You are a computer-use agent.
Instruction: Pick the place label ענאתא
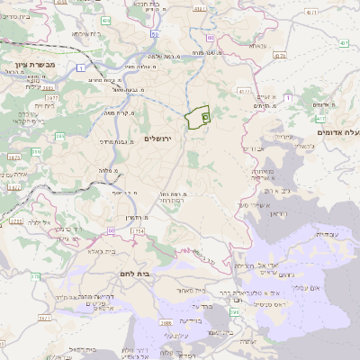[256, 45]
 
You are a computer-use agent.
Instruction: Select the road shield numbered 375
[35, 276]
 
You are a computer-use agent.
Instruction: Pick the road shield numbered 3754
[137, 232]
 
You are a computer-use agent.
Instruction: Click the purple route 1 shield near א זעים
[288, 97]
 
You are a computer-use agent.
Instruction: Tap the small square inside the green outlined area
[205, 116]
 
